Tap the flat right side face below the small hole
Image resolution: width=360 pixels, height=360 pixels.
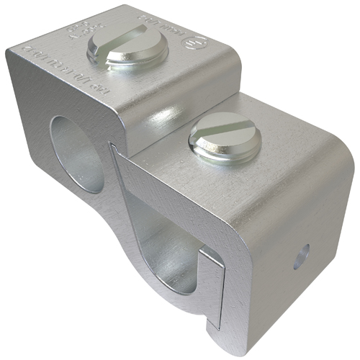click(x=302, y=295)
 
